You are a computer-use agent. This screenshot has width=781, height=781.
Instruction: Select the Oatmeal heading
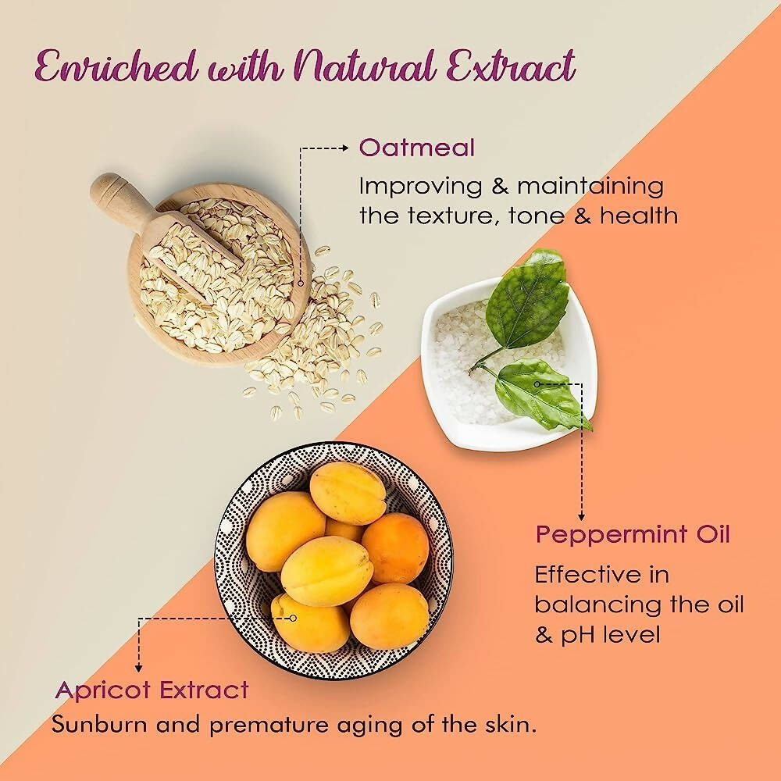click(x=416, y=148)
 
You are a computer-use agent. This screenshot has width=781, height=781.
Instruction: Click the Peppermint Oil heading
click(x=633, y=536)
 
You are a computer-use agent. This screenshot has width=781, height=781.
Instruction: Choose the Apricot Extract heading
click(x=152, y=690)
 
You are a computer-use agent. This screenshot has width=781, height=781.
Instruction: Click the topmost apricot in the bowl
click(x=348, y=493)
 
